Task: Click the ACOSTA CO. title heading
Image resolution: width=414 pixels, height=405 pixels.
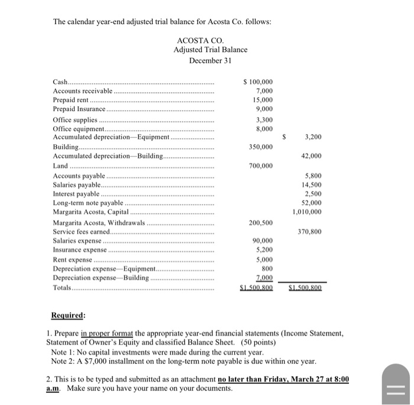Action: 198,40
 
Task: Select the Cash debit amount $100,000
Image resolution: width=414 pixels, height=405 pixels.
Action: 258,82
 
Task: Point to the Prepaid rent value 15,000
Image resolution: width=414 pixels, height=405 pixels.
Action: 263,101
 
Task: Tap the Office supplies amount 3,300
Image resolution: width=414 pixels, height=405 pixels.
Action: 263,119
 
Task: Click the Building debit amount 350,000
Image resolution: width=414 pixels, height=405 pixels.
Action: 261,147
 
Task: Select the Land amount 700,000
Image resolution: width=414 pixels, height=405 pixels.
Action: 261,166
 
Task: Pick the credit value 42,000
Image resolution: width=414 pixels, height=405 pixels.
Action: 311,156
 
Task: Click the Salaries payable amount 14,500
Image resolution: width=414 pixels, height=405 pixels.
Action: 311,185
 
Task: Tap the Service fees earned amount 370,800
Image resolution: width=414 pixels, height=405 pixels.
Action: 309,232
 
